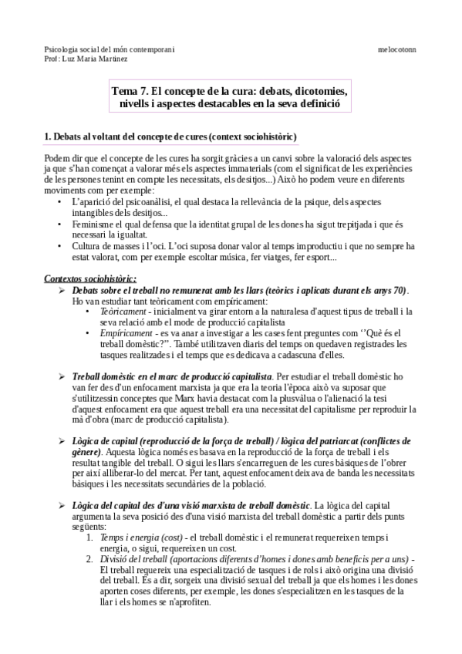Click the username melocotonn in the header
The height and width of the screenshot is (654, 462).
pyautogui.click(x=396, y=48)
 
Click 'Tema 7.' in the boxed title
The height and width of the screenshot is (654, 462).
pyautogui.click(x=129, y=90)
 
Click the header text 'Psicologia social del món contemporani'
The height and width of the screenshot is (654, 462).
pyautogui.click(x=110, y=48)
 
